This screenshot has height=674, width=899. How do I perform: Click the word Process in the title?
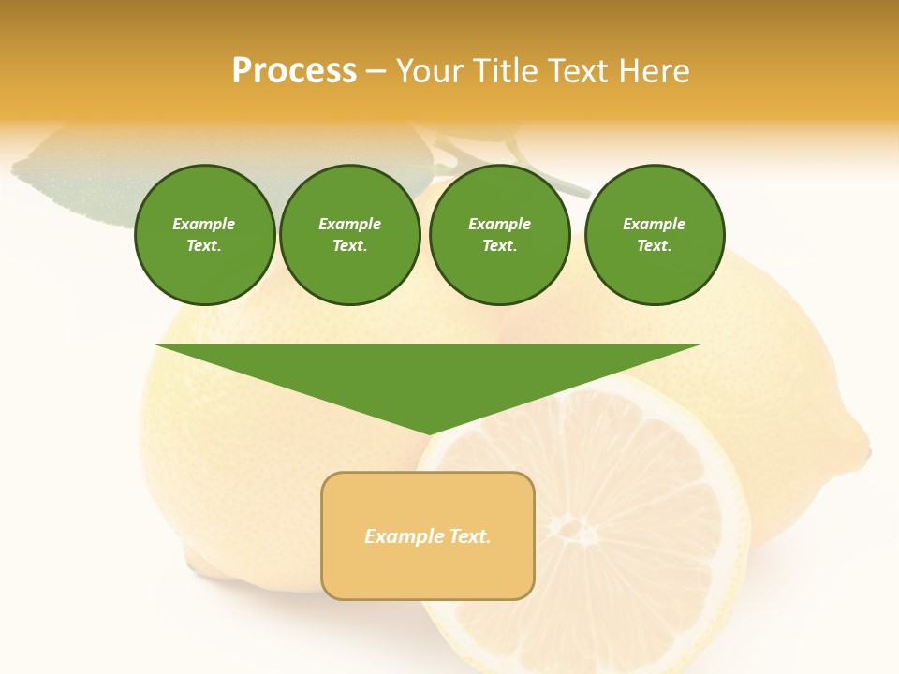[294, 71]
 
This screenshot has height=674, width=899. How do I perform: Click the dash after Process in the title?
[376, 72]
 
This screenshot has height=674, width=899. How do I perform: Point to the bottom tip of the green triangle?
[428, 433]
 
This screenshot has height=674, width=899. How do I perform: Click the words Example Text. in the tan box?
[428, 536]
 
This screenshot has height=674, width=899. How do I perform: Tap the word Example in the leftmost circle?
[204, 224]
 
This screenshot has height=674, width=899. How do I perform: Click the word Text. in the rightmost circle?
[655, 245]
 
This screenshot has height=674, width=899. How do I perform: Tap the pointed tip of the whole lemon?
[866, 450]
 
